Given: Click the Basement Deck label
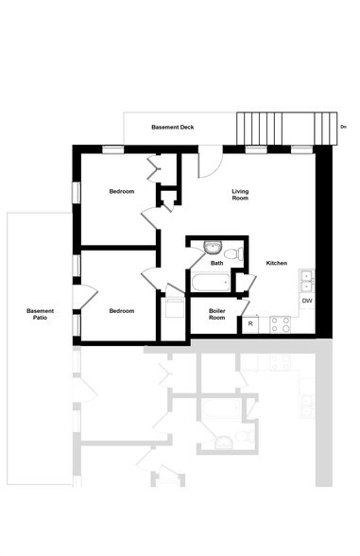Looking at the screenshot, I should pos(174,127).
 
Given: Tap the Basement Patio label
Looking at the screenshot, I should pos(40,314).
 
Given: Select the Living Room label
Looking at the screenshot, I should pos(241,195).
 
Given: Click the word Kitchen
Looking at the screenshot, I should pos(276,263).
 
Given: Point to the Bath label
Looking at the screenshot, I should pos(216,264).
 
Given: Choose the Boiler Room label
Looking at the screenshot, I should pos(216,314).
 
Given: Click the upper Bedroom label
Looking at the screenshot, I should pos(121,192).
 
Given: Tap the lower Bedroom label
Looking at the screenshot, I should pos(121,311).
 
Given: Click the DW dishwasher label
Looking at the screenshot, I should pos(307,301).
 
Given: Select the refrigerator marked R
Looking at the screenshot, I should pos(250,324).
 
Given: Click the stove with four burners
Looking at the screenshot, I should pos(280,324).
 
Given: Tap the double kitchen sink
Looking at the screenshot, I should pos(306,280).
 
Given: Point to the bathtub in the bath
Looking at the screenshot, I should pos(206,282).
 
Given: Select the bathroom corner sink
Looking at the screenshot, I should pos(210,249).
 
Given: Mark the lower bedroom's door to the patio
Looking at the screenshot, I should pos(85,296).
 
